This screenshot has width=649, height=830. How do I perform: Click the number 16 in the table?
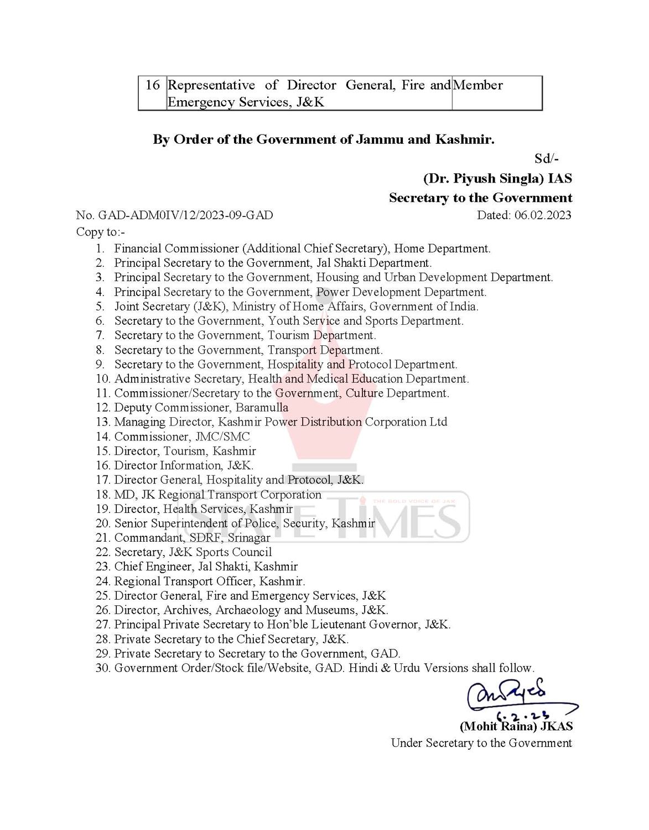click(x=152, y=85)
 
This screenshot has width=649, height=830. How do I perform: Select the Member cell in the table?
click(x=478, y=85)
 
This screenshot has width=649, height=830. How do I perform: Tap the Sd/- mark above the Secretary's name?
click(x=547, y=159)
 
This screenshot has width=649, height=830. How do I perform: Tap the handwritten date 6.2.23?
click(x=521, y=712)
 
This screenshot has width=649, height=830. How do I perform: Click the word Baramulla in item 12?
click(x=262, y=407)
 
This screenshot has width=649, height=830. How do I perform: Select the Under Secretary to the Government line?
click(x=481, y=743)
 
